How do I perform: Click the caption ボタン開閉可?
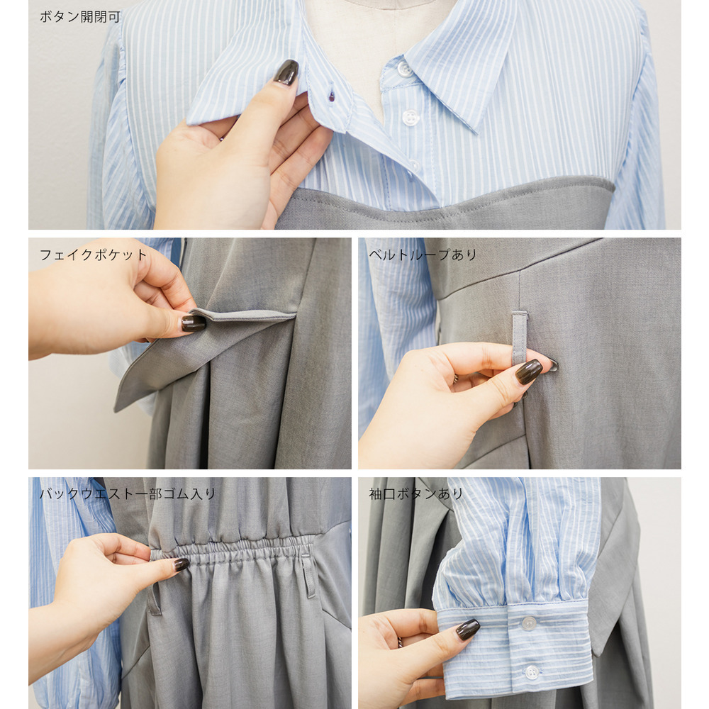(x=80, y=17)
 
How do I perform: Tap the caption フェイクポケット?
(x=93, y=255)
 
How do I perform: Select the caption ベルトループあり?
(x=423, y=255)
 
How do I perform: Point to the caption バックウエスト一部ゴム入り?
(x=128, y=493)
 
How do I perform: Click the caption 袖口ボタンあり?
(x=416, y=493)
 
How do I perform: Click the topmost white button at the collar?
(x=405, y=69)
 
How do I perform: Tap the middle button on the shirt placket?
(x=410, y=118)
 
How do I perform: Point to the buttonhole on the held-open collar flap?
(x=331, y=96)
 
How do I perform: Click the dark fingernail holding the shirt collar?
(x=286, y=72)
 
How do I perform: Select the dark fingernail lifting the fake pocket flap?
(x=194, y=323)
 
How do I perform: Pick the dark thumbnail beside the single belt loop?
(x=529, y=372)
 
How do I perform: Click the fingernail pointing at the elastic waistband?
(x=182, y=564)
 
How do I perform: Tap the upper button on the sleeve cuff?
(x=528, y=623)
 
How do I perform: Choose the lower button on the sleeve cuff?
(x=532, y=671)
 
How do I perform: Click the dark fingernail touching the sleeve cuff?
(x=467, y=630)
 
